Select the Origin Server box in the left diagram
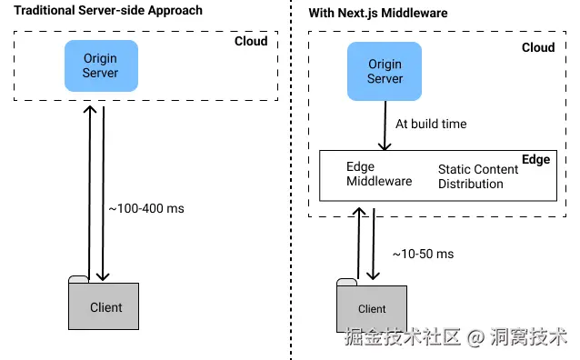coord(100,65)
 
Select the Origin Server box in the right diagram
coord(385,71)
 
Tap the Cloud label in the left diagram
coord(251,41)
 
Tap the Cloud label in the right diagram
coord(537,47)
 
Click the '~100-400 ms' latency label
coord(146,208)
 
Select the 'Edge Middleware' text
coord(378,174)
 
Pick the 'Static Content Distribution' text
coord(477,176)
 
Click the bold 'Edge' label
coord(535,159)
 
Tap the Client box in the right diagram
coord(372,308)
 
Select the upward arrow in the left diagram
coord(88,191)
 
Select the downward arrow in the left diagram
coord(105,191)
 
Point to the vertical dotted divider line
coord(291,182)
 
